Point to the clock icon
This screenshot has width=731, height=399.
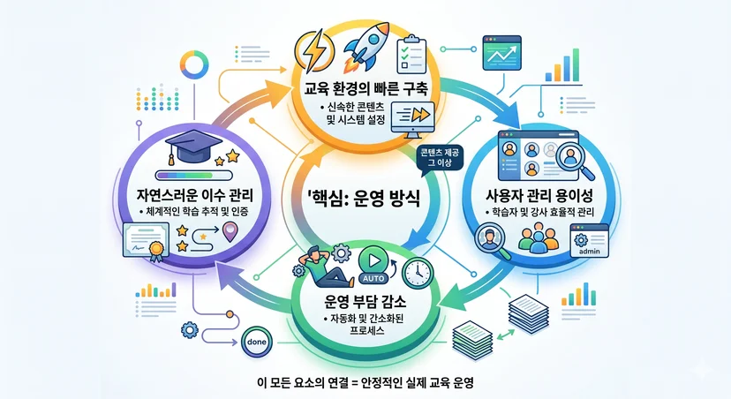click(x=418, y=272)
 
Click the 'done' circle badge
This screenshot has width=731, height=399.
click(x=256, y=343)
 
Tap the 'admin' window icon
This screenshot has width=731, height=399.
click(x=589, y=240)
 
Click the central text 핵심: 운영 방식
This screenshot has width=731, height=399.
click(x=364, y=198)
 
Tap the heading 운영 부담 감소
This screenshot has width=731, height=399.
click(x=365, y=301)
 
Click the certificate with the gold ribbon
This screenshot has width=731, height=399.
click(x=146, y=241)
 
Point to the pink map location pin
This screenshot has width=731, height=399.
click(x=230, y=231)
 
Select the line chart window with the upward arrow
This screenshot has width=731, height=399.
click(x=501, y=53)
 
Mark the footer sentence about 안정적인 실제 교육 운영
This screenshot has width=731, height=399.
click(x=365, y=383)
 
